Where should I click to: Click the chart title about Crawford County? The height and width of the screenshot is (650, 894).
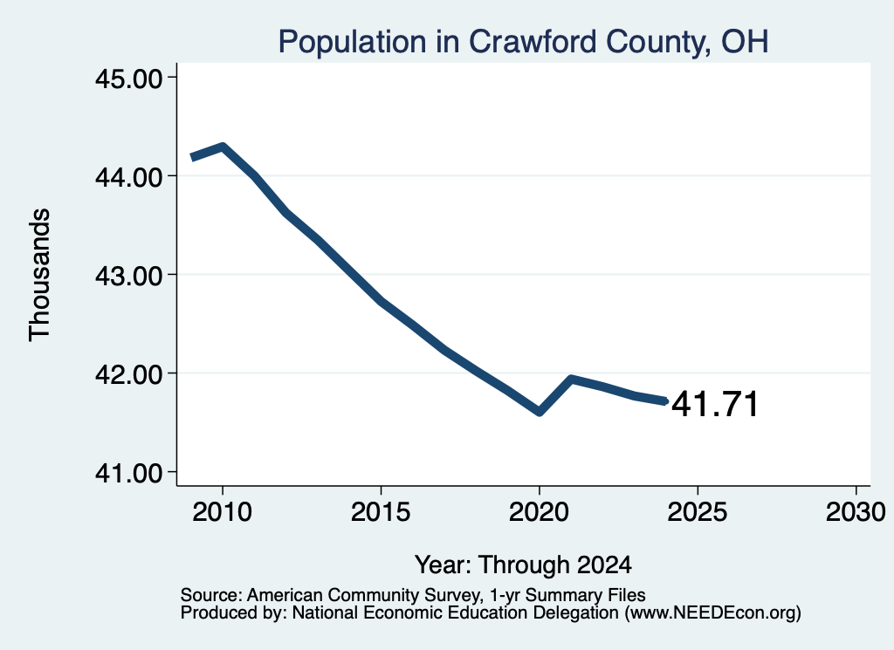click(x=524, y=42)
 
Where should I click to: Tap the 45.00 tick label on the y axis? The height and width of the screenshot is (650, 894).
click(x=129, y=79)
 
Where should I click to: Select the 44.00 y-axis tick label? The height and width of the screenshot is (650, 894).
click(x=129, y=177)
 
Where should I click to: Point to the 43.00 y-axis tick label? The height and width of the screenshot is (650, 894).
click(x=129, y=276)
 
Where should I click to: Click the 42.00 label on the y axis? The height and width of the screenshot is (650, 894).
click(x=129, y=374)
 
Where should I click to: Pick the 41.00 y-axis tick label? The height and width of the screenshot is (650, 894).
click(x=129, y=473)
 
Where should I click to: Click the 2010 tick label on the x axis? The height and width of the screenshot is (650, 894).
click(x=223, y=511)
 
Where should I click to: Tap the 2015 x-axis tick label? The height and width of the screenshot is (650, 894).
click(x=381, y=511)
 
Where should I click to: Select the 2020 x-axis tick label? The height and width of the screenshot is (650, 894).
click(x=539, y=511)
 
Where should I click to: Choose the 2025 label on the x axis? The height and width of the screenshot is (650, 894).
click(x=698, y=511)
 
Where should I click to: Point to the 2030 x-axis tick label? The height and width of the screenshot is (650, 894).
click(x=856, y=511)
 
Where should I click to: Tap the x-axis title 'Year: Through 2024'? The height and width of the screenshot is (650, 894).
click(x=524, y=564)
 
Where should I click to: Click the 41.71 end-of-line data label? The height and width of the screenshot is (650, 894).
click(x=715, y=404)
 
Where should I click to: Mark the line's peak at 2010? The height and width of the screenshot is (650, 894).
click(x=223, y=147)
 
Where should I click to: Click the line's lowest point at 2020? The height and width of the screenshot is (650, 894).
click(x=539, y=411)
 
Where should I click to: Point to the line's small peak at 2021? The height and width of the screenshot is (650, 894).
click(x=571, y=379)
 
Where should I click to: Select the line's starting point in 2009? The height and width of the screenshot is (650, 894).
click(x=192, y=157)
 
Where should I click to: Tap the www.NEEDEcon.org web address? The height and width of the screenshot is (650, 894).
click(x=712, y=612)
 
